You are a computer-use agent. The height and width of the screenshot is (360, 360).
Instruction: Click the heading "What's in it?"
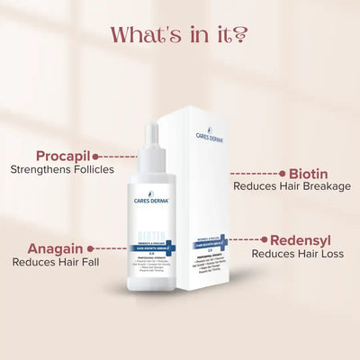pos(179,35)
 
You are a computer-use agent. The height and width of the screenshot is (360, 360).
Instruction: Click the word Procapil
pos(60,155)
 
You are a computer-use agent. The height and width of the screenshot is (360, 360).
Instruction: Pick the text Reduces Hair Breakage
pos(292,186)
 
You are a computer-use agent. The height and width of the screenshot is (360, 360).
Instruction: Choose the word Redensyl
pos(300,240)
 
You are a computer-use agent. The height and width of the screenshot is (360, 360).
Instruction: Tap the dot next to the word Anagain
pos(93,245)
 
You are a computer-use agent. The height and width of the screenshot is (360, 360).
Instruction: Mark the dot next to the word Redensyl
pos(262,240)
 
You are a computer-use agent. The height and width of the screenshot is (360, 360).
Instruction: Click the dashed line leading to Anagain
pos(112,245)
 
